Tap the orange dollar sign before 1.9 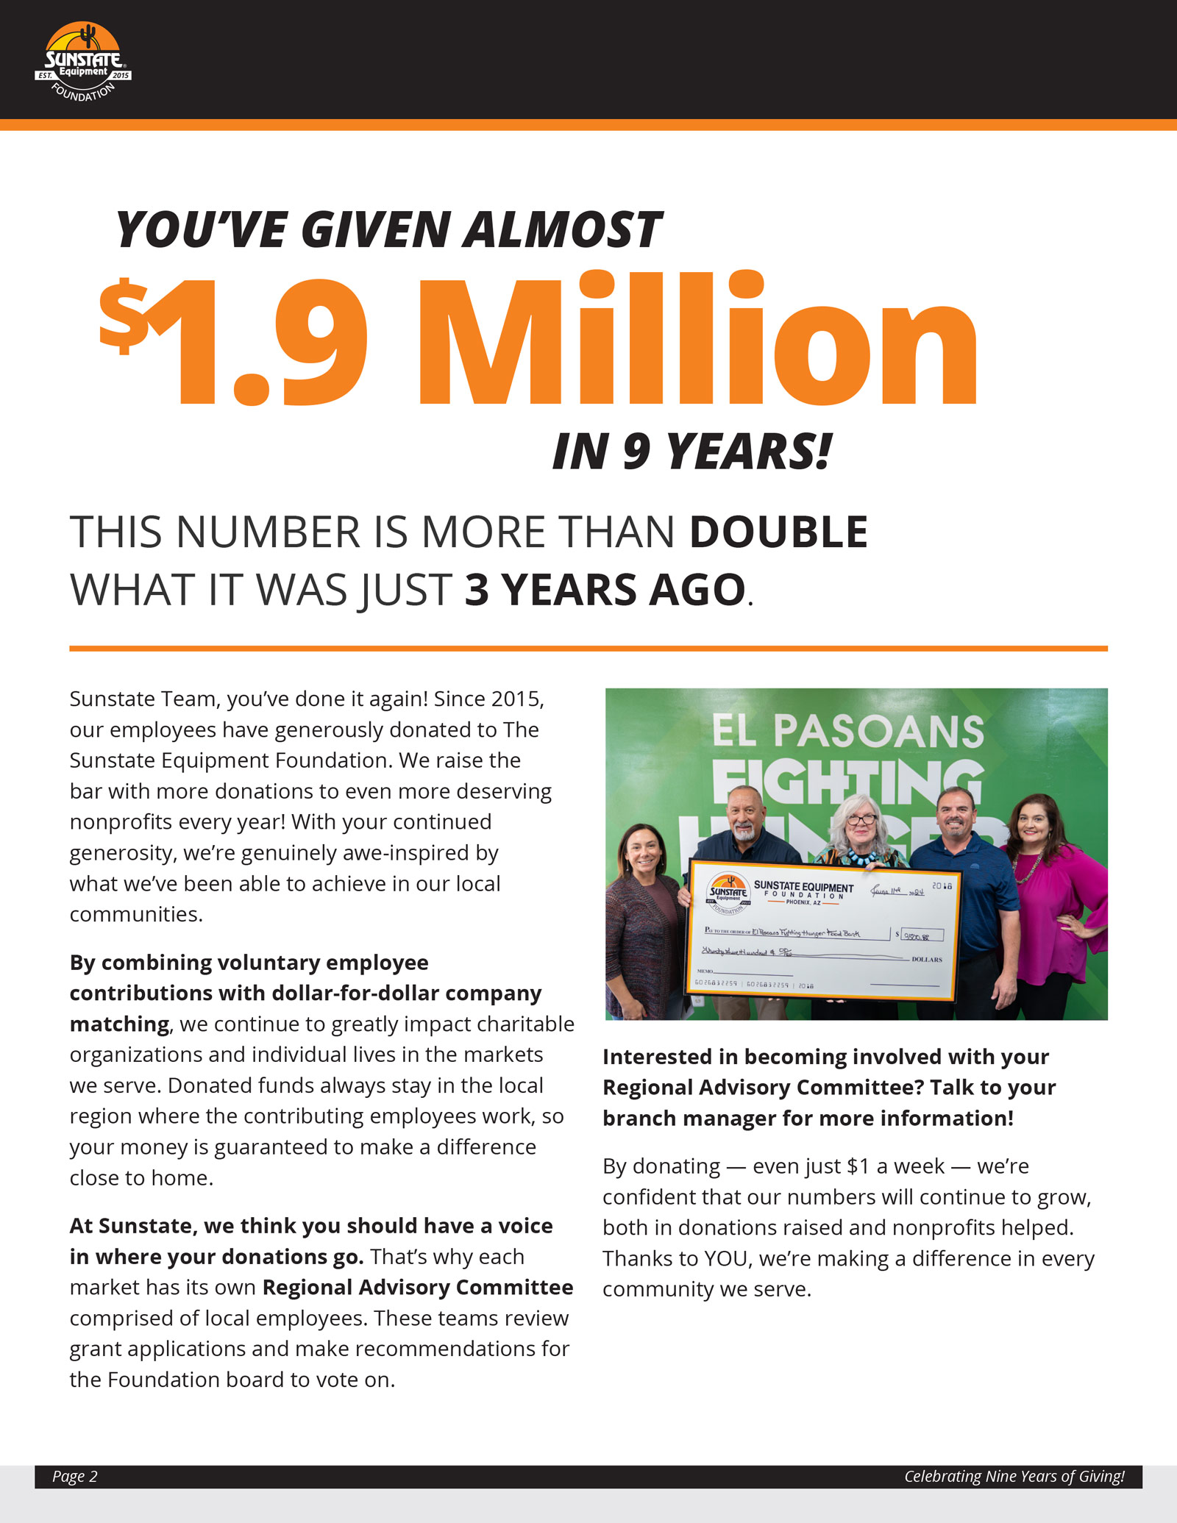coord(124,317)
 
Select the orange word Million coord(697,339)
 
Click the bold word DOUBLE coord(778,532)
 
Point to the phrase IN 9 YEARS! coord(691,452)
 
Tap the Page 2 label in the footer coord(74,1477)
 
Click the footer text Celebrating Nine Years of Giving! coord(1014,1477)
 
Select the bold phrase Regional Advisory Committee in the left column coord(418,1288)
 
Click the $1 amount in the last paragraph coord(858,1166)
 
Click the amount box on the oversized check coord(922,935)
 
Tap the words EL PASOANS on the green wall coord(847,731)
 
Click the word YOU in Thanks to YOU coord(725,1259)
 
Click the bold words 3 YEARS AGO coord(605,591)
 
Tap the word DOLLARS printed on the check coord(926,960)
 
